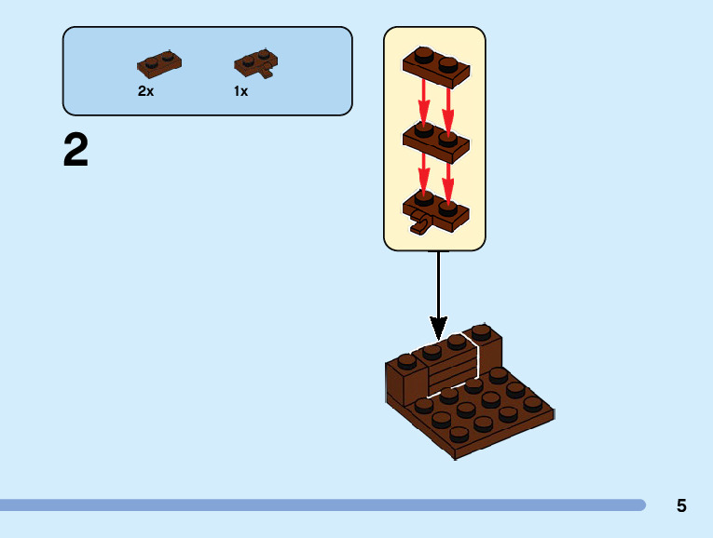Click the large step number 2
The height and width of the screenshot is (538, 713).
coord(75,151)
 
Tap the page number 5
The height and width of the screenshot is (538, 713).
coord(681,505)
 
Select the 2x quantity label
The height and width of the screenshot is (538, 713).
coord(145,91)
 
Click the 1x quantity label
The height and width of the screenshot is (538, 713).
coord(240,91)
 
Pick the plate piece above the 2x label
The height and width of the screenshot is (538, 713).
coord(158,63)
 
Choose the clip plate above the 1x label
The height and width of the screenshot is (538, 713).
coord(254,63)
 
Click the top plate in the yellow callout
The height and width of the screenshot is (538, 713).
coord(436,66)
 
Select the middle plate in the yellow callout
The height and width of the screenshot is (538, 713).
coord(436,140)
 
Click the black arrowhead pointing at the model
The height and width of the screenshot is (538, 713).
coord(438,328)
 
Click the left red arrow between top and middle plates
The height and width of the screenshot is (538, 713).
coord(423,102)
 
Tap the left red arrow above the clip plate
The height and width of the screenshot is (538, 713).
coord(423,175)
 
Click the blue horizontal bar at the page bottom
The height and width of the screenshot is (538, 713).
coord(322,504)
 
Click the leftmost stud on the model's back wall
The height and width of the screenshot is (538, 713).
coord(407,360)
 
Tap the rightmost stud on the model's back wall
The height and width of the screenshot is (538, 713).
coord(481,330)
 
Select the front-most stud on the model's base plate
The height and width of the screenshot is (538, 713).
coord(459,433)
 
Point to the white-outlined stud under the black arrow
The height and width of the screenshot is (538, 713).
coord(456,341)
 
